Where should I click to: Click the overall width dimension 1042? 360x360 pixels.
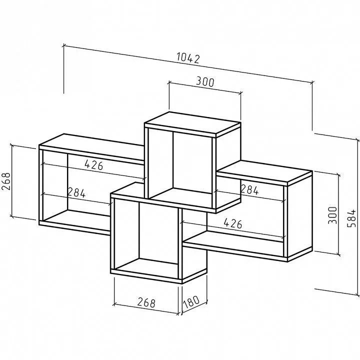pos(188,58)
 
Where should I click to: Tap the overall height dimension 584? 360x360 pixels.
pos(351,218)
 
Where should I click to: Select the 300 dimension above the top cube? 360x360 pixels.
pos(205,81)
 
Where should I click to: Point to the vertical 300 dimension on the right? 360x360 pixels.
pos(332,215)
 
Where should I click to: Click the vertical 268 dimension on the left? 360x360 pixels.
pos(6,181)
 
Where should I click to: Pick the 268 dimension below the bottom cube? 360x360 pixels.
pos(146,302)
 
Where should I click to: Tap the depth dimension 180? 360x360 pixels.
pos(191,302)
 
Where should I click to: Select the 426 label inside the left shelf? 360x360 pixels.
pos(94,164)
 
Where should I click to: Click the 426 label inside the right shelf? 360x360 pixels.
pos(233,223)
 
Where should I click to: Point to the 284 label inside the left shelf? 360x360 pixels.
pos(76,192)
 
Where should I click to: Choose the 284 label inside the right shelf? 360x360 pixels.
pos(249,189)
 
